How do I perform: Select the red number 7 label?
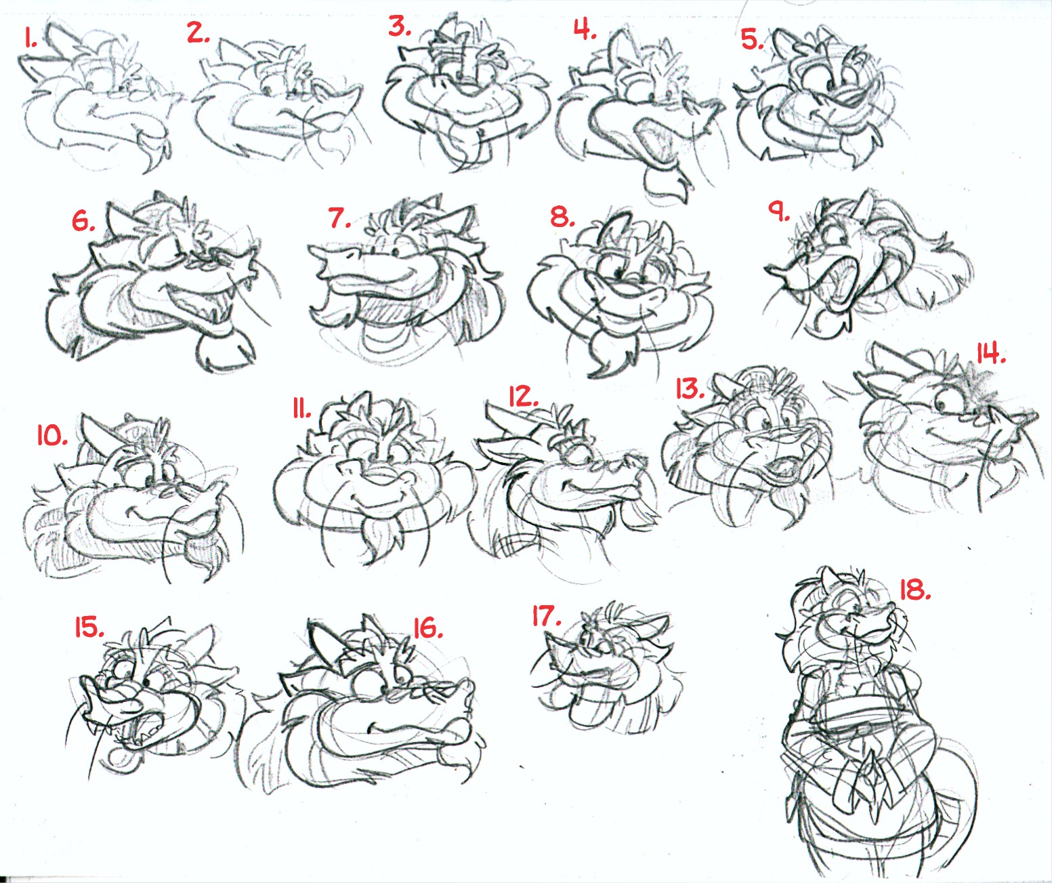[339, 218]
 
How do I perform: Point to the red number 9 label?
[779, 211]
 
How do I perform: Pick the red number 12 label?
[524, 396]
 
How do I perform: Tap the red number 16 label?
[427, 628]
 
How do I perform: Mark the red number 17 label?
[547, 616]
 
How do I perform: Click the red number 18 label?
[915, 589]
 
